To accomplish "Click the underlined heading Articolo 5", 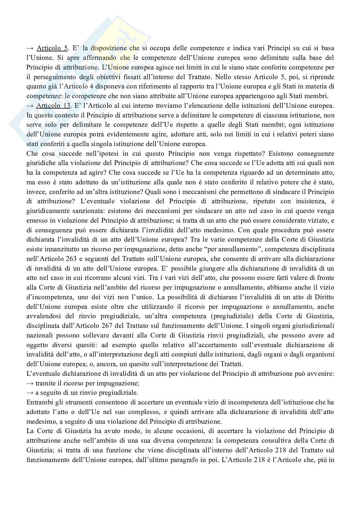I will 52,48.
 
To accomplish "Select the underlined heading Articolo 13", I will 53,106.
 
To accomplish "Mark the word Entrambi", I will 37,402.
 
